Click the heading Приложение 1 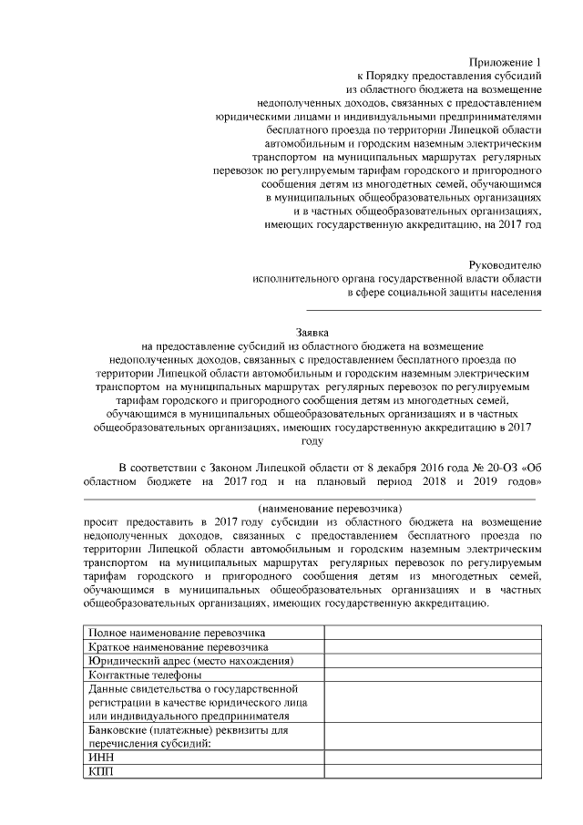point(506,62)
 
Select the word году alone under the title point(312,440)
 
